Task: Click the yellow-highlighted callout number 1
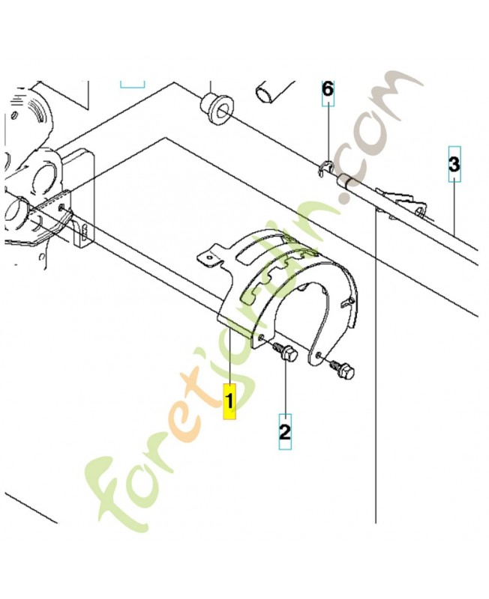click(x=229, y=401)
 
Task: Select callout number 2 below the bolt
click(x=285, y=431)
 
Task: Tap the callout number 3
click(x=454, y=164)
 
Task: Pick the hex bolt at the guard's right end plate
click(x=342, y=370)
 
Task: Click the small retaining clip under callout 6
click(x=326, y=168)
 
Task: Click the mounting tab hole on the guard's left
click(x=208, y=258)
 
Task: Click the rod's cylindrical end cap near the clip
click(x=346, y=182)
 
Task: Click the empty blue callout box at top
click(x=133, y=85)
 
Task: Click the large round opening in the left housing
click(x=45, y=176)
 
